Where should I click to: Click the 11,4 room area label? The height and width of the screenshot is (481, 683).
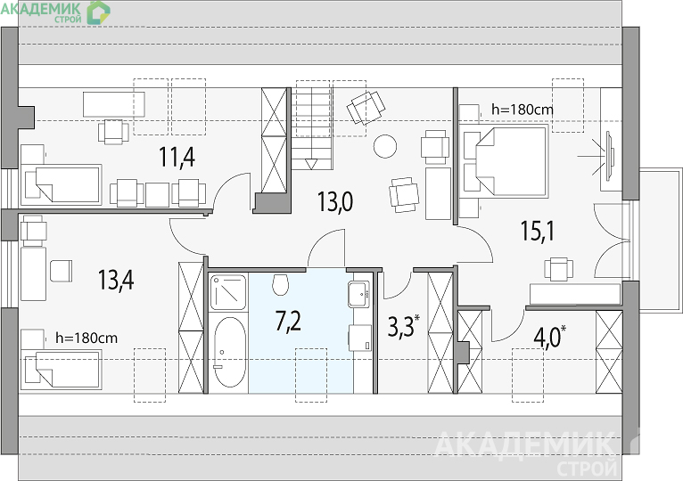177,157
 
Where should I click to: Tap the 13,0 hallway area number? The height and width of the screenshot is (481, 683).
334,202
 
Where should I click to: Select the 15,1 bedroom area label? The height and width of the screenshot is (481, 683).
538,231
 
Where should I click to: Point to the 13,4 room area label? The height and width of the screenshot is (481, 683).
115,280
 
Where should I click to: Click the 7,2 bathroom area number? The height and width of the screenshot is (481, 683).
288,322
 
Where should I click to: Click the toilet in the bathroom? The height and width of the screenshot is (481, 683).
280,284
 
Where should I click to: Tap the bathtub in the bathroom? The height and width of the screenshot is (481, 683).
230,352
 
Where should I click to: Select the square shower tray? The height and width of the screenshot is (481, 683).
227,292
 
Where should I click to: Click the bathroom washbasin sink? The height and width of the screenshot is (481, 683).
359,294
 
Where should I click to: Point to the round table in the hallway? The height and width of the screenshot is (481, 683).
385,146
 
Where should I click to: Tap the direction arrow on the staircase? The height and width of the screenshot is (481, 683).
311,164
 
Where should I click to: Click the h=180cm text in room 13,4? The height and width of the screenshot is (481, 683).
86,338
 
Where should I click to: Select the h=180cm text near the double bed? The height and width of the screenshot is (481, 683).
523,110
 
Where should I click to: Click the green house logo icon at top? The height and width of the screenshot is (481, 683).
98,12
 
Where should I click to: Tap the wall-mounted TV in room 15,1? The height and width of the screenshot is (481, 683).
609,155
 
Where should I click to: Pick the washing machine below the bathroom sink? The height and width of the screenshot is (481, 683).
360,338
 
